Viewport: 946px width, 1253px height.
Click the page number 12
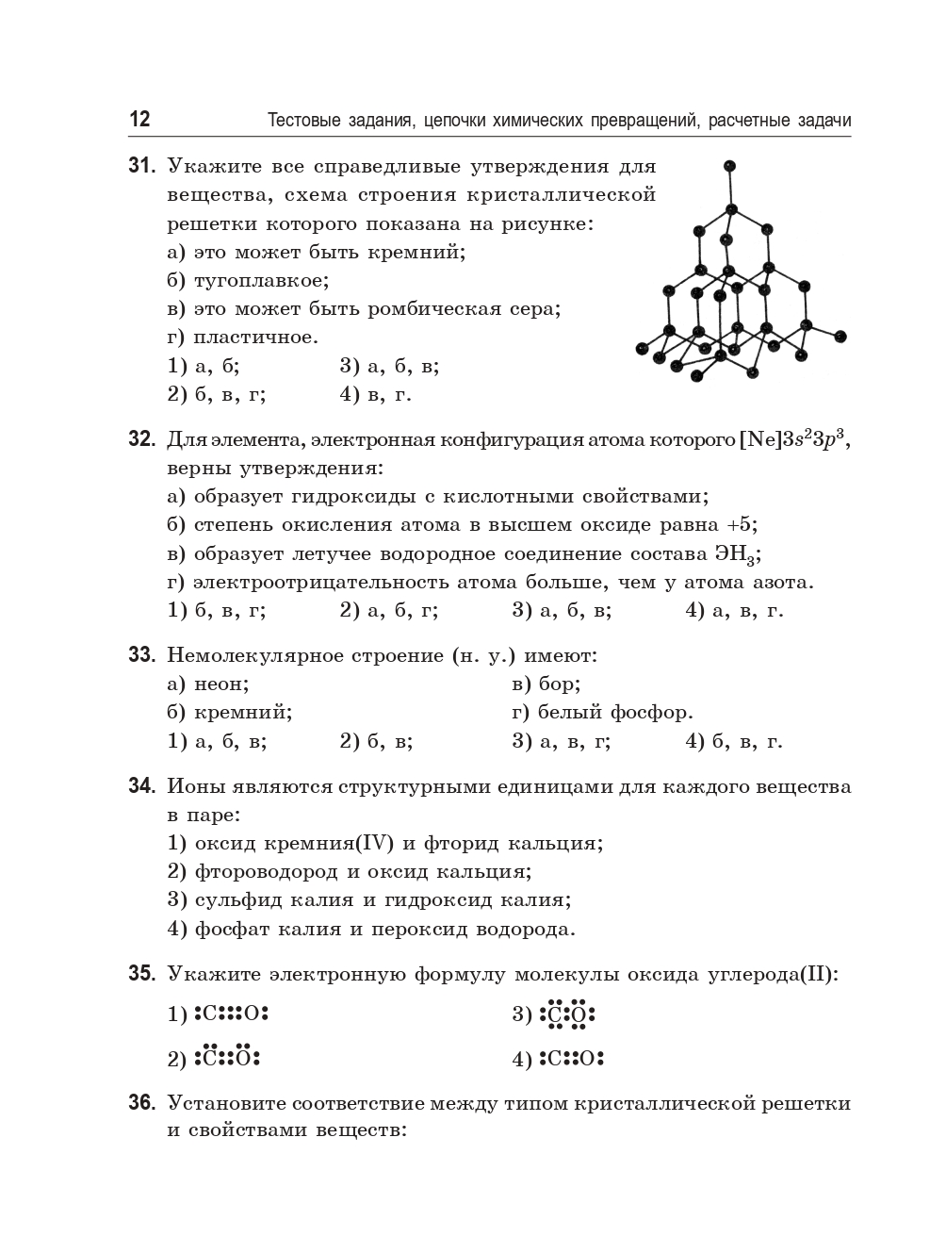click(139, 120)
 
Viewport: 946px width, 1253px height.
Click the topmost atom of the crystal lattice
click(728, 167)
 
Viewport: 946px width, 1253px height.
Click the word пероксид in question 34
click(420, 930)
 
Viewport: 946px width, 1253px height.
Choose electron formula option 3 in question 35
click(567, 1014)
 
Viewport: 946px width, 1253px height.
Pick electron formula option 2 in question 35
click(227, 1057)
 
